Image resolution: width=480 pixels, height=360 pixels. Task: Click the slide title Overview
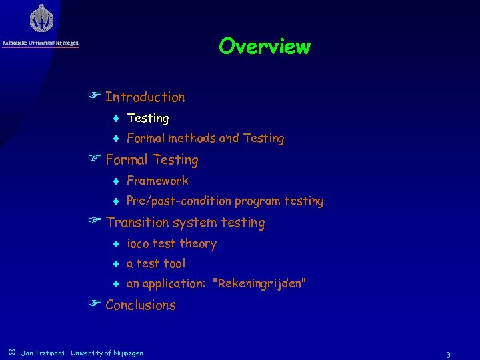264,47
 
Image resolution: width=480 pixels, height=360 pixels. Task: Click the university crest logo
41,18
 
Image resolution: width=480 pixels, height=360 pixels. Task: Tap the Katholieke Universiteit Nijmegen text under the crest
41,43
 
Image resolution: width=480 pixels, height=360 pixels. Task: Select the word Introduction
145,97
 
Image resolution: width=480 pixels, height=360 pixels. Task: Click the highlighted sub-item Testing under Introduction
147,119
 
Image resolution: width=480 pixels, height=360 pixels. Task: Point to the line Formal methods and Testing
205,139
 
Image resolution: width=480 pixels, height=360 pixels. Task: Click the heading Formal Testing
151,160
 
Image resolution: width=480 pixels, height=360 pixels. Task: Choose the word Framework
157,181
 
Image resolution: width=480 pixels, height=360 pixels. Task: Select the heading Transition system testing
185,223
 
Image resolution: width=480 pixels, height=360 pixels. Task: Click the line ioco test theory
171,244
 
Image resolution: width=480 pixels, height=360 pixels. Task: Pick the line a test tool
156,264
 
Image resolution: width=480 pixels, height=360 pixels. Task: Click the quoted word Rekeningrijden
259,284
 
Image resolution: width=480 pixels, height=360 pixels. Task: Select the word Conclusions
140,305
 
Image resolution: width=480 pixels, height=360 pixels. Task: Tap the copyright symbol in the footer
11,352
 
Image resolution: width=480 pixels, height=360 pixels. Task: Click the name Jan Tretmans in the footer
43,353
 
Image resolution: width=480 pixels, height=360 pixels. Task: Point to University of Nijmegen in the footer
107,353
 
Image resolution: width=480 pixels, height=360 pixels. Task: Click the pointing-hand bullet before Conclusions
94,305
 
